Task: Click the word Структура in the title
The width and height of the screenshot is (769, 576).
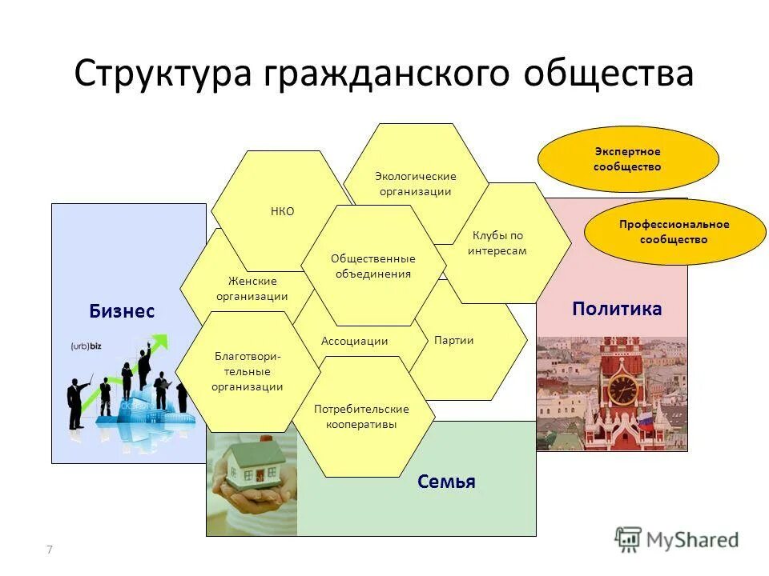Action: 160,74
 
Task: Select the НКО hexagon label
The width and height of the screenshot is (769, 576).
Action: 283,211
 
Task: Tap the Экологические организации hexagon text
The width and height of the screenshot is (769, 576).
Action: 415,183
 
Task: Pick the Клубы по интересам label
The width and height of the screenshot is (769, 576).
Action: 497,243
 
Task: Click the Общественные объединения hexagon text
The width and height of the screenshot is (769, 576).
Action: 372,266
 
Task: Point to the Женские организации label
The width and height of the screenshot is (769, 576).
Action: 252,288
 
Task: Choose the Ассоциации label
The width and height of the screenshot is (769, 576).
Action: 354,341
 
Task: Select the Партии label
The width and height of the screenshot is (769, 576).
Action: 453,340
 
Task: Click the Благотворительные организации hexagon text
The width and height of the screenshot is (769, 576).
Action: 247,371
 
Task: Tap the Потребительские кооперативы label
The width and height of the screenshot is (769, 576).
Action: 361,417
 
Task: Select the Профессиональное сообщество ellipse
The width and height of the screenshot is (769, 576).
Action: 674,231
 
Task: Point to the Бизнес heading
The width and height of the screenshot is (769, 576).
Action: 122,312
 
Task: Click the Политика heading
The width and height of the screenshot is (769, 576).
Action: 617,309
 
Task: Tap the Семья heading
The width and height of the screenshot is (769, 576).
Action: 446,482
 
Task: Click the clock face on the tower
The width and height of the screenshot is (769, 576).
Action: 622,390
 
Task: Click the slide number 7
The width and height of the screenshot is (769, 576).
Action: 50,549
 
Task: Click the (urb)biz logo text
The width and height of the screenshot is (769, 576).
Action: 89,346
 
